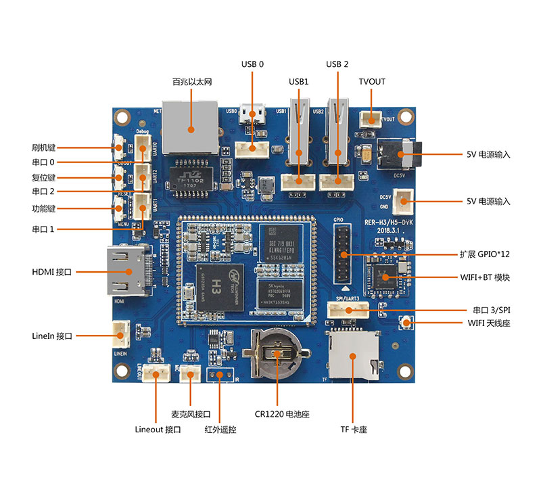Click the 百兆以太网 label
[192, 82]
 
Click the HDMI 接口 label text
[51, 271]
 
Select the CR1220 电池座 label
[277, 413]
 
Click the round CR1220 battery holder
[277, 352]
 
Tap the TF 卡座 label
[353, 430]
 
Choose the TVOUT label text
[371, 82]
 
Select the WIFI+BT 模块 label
[484, 277]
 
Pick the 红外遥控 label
[221, 430]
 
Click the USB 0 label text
[252, 64]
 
